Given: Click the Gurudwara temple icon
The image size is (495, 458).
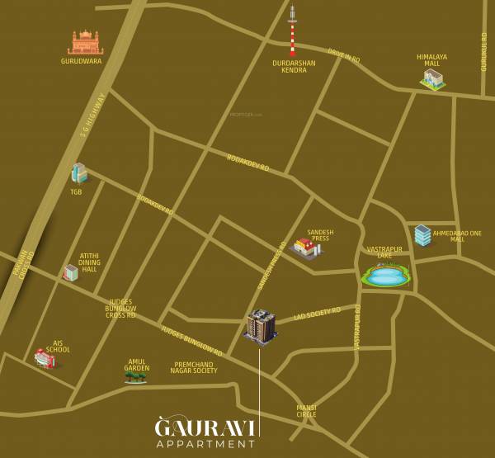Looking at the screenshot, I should [85, 42].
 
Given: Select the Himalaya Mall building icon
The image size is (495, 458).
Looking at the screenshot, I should [432, 78].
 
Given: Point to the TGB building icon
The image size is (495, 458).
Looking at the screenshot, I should [78, 173].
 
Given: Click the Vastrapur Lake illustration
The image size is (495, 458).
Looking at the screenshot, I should [385, 275].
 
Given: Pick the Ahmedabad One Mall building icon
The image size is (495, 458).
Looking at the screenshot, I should [422, 235].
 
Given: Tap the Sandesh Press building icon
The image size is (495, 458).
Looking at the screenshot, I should [305, 247].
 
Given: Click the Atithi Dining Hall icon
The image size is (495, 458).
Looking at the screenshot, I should [72, 272].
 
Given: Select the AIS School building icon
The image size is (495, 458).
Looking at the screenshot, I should [45, 358].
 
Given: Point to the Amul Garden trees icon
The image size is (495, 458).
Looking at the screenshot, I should [135, 376].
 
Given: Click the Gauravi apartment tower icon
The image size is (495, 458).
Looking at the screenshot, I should [260, 327].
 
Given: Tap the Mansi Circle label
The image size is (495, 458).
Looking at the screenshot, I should [306, 411].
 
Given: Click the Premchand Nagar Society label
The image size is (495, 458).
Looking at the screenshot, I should [194, 367].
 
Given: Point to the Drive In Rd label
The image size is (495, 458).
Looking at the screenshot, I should [343, 55].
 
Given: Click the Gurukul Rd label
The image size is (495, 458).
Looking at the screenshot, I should [484, 51].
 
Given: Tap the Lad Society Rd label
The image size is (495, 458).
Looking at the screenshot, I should [317, 314].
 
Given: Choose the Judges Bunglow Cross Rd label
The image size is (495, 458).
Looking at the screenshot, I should [120, 309].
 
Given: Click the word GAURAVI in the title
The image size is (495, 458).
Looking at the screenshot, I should [206, 427].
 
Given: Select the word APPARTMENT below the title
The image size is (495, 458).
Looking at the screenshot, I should [206, 444].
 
